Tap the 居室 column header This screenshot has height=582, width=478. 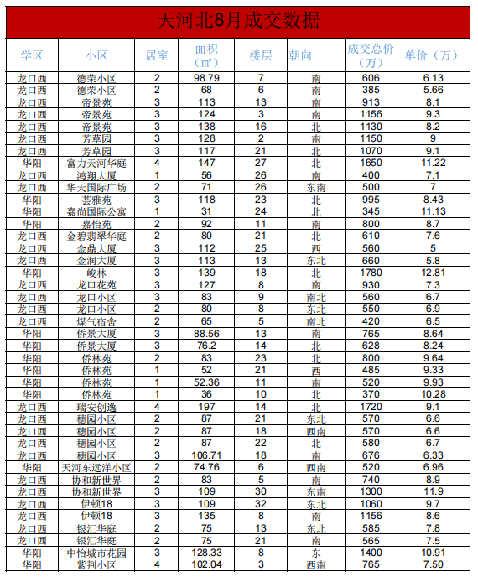click(x=157, y=55)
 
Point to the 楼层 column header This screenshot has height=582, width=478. click(x=261, y=55)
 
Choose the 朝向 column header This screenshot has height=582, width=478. click(x=300, y=55)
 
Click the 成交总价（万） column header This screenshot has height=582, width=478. click(x=371, y=55)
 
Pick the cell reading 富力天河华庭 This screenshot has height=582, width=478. click(x=97, y=163)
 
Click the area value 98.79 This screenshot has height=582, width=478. click(x=206, y=77)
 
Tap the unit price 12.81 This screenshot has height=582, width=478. click(x=433, y=273)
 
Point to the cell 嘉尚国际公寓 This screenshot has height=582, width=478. click(x=97, y=212)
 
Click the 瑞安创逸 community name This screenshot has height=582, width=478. click(x=97, y=407)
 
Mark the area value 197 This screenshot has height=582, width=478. click(x=206, y=407)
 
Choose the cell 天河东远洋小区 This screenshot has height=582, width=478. click(x=97, y=467)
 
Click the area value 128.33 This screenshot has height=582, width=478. click(x=206, y=553)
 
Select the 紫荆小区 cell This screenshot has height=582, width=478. click(x=97, y=566)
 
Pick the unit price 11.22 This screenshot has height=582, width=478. click(x=433, y=163)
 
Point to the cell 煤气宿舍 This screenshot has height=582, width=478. click(x=97, y=321)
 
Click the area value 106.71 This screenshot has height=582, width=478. click(x=206, y=455)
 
